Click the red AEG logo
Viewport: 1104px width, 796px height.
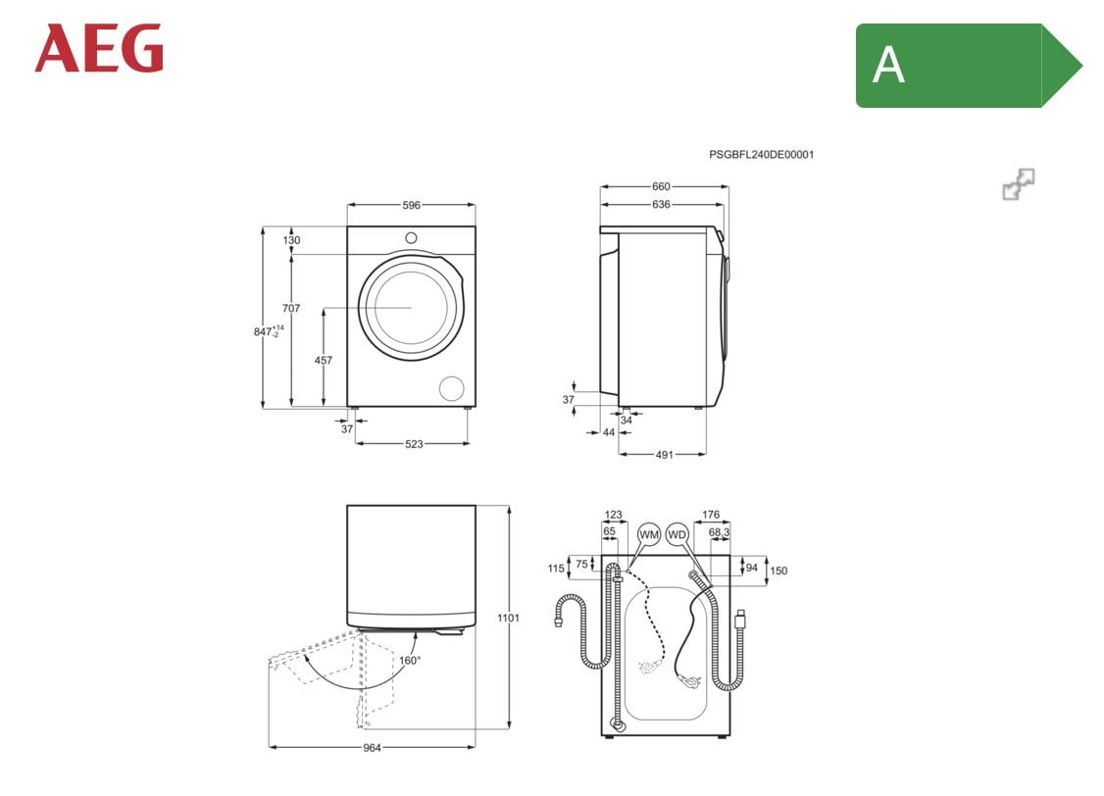(99, 49)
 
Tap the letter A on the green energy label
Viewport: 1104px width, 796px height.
(888, 66)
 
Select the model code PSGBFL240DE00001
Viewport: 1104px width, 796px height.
(761, 154)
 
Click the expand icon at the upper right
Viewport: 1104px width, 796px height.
(1019, 184)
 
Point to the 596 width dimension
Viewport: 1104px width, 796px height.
(411, 205)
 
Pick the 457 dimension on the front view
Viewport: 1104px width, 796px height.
(323, 360)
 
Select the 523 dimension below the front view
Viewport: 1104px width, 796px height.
(414, 444)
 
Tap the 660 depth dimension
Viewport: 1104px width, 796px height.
(661, 186)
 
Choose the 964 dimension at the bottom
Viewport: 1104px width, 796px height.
(372, 748)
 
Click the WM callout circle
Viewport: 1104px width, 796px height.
(648, 534)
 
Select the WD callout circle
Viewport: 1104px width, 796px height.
(677, 534)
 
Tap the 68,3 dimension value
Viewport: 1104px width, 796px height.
(719, 532)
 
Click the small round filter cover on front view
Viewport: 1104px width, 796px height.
(451, 387)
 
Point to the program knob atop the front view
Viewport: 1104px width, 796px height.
(411, 238)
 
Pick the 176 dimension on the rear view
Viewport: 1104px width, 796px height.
(711, 515)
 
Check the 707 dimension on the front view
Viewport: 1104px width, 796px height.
(290, 309)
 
